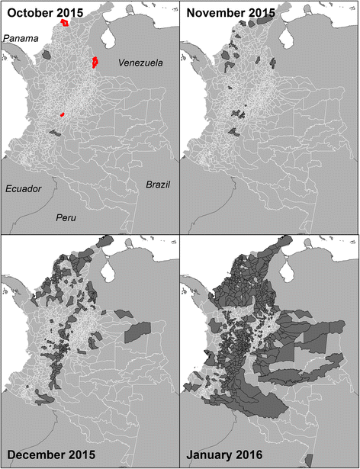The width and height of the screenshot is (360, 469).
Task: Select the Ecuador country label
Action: (25, 188)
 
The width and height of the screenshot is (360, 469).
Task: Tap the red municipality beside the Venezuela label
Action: (95, 62)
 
